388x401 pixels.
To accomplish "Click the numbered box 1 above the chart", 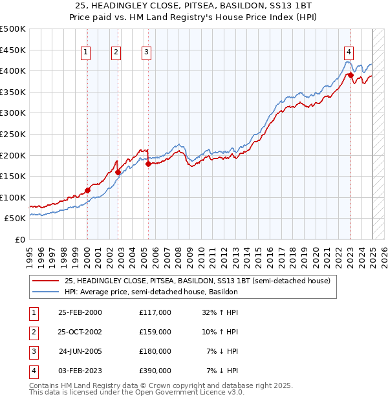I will tap(86, 53).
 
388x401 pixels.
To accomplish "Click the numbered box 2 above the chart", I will tap(116, 53).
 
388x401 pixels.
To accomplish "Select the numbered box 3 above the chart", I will tap(147, 53).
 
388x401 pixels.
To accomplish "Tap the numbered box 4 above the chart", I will tap(349, 53).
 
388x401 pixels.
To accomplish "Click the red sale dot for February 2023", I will tap(350, 76).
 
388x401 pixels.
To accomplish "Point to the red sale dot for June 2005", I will tap(148, 164).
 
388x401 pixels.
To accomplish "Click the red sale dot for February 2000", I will tap(87, 190).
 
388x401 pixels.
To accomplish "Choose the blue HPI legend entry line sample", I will tap(45, 292).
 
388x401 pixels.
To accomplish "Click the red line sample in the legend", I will tap(45, 281).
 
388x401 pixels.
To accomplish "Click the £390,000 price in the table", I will tap(155, 371).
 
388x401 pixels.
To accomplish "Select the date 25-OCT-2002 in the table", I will tap(80, 332).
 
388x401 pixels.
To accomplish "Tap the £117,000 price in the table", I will tap(155, 312).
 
